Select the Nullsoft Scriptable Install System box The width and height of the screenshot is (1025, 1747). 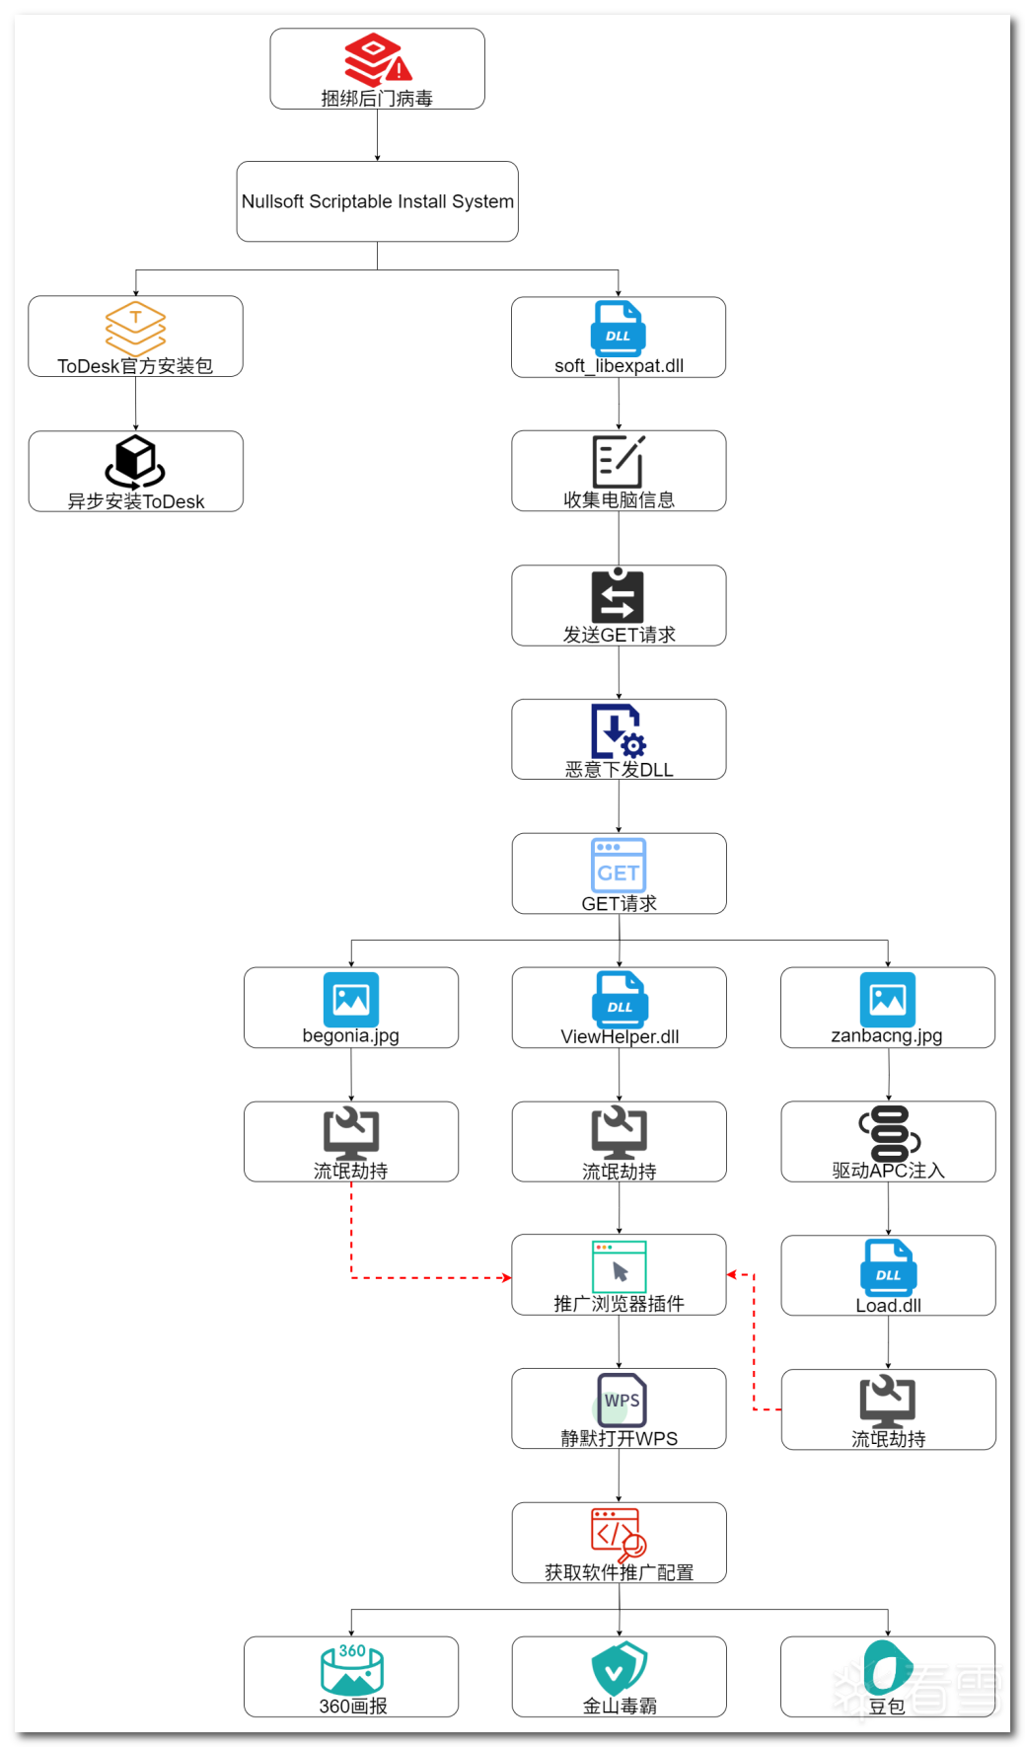pos(377,201)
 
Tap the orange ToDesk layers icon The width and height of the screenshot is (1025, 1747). pos(135,328)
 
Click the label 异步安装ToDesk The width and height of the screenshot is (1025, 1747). pos(135,501)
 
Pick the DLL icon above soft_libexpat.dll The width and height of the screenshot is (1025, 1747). pos(619,329)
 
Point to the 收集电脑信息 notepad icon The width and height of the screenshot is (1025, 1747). pos(619,461)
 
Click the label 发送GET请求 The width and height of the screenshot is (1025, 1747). pos(619,635)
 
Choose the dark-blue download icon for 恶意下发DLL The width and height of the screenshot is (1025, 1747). pos(618,730)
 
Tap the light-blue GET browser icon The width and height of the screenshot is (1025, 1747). pos(619,865)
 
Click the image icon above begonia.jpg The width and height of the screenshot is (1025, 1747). pos(351,999)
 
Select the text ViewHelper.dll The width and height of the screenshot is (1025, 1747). pos(620,1036)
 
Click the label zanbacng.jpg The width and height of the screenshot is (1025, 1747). pos(887,1035)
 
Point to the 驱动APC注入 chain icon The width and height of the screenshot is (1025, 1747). pos(889,1133)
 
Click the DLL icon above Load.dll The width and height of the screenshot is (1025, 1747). pos(888,1266)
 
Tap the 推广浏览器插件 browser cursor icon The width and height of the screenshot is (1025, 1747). pos(619,1266)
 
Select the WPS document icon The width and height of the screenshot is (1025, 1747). pos(621,1400)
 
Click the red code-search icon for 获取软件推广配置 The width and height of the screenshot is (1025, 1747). pos(619,1534)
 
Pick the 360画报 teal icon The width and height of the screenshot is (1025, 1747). pos(352,1668)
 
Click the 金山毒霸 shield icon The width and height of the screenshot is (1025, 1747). pos(619,1668)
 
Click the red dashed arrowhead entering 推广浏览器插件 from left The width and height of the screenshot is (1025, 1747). pos(507,1278)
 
